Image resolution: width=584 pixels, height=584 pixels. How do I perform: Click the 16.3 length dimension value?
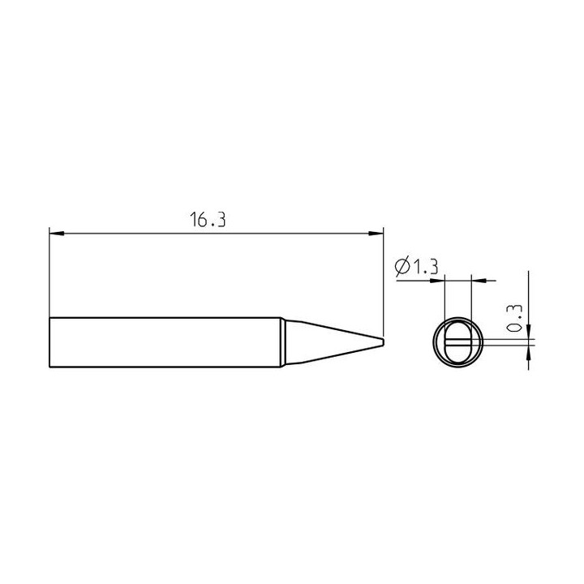coord(208,220)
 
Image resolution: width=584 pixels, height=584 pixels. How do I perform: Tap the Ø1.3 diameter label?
coord(416,266)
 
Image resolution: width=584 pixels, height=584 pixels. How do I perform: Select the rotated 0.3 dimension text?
coord(516,319)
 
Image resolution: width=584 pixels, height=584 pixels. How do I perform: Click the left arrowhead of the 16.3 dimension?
coord(57,234)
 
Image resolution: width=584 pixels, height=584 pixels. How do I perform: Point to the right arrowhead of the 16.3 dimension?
coord(376,234)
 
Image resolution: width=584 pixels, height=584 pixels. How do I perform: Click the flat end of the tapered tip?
coord(383,342)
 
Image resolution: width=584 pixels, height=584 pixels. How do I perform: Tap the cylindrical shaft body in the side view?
coord(165,342)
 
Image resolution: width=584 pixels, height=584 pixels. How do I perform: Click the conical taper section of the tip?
coord(333,342)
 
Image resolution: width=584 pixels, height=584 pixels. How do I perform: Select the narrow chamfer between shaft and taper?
coord(283,342)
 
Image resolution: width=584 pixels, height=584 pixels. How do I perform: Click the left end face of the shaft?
coord(49,342)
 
